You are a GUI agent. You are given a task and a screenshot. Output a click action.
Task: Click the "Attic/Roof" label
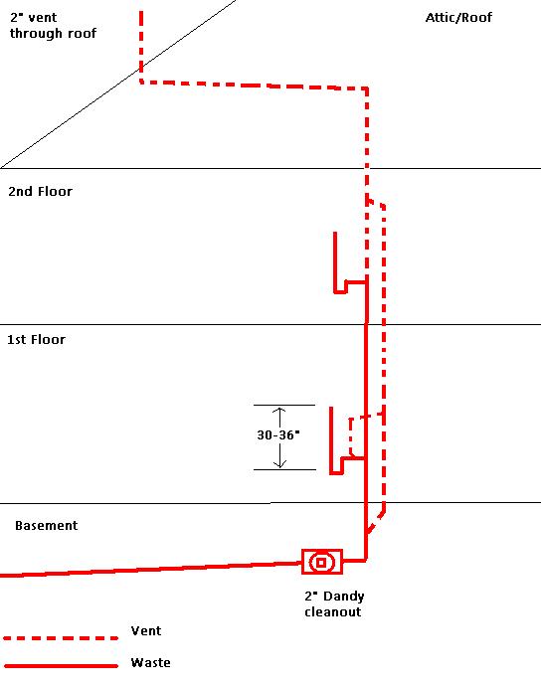pyautogui.click(x=458, y=18)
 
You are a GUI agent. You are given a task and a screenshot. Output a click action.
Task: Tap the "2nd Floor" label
pyautogui.click(x=41, y=192)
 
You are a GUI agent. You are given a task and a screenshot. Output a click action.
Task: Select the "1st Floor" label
pyautogui.click(x=37, y=340)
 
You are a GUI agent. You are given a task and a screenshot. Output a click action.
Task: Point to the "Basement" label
pyautogui.click(x=47, y=525)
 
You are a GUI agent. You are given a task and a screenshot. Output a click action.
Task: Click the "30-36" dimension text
pyautogui.click(x=277, y=434)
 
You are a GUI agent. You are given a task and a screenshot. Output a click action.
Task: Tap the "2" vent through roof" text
pyautogui.click(x=53, y=26)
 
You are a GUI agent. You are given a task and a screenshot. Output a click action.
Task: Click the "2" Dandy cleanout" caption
pyautogui.click(x=334, y=603)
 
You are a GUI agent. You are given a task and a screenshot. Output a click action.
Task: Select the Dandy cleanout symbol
pyautogui.click(x=322, y=562)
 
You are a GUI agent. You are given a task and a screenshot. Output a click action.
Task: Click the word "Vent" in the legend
pyautogui.click(x=146, y=631)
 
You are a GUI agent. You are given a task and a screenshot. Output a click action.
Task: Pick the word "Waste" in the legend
pyautogui.click(x=150, y=662)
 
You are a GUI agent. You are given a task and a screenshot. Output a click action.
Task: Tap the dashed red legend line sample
pyautogui.click(x=61, y=638)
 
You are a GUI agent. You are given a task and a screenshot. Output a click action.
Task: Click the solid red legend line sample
pyautogui.click(x=61, y=666)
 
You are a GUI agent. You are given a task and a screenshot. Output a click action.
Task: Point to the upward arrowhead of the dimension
pyautogui.click(x=279, y=411)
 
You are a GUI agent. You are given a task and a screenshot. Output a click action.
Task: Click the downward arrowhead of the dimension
pyautogui.click(x=279, y=463)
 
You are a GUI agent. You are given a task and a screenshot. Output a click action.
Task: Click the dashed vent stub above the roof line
pyautogui.click(x=141, y=41)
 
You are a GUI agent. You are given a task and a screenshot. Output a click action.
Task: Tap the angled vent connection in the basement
pyautogui.click(x=376, y=521)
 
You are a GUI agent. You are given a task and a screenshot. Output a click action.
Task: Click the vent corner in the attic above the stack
pyautogui.click(x=367, y=88)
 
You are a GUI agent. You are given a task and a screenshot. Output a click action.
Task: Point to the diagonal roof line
pyautogui.click(x=118, y=85)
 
